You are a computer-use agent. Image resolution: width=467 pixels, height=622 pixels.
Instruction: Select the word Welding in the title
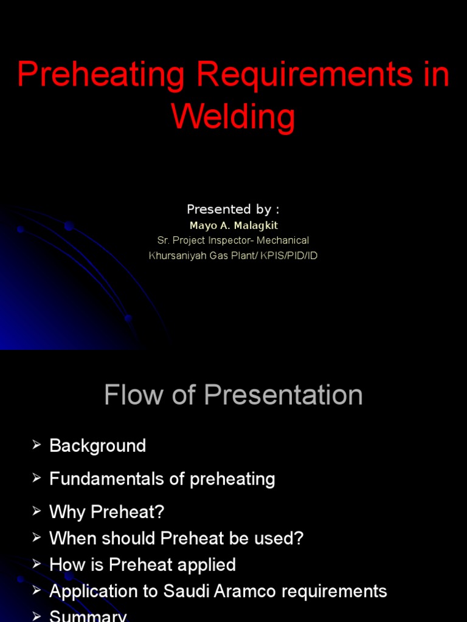pos(233,117)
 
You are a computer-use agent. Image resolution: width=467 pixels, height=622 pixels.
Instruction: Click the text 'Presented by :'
pos(233,210)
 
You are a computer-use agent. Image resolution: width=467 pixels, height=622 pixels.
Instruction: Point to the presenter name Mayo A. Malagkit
pos(233,225)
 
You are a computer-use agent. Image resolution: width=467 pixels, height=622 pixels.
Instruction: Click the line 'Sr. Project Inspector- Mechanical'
pos(233,241)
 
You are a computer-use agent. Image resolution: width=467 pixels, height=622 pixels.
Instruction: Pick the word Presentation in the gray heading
pos(283,395)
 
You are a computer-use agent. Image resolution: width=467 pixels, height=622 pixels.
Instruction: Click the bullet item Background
pos(97,446)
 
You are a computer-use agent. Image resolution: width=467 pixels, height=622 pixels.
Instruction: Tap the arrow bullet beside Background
pos(36,446)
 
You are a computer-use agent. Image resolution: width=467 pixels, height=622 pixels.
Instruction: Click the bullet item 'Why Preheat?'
pos(106,512)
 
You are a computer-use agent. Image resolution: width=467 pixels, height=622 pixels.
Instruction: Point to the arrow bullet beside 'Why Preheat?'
pos(36,512)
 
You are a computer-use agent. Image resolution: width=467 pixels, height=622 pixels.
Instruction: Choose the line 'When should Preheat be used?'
pos(176,538)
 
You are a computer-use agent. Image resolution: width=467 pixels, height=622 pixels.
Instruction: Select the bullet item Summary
pos(88,616)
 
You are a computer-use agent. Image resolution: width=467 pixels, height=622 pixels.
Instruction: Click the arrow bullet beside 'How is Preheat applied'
pos(36,565)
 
